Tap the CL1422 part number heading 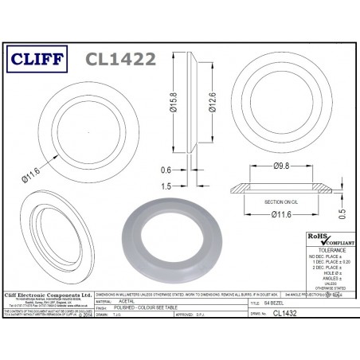pos(119,59)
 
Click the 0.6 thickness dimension pos(165,169)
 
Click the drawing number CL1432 pos(301,315)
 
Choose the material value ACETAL pos(128,303)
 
